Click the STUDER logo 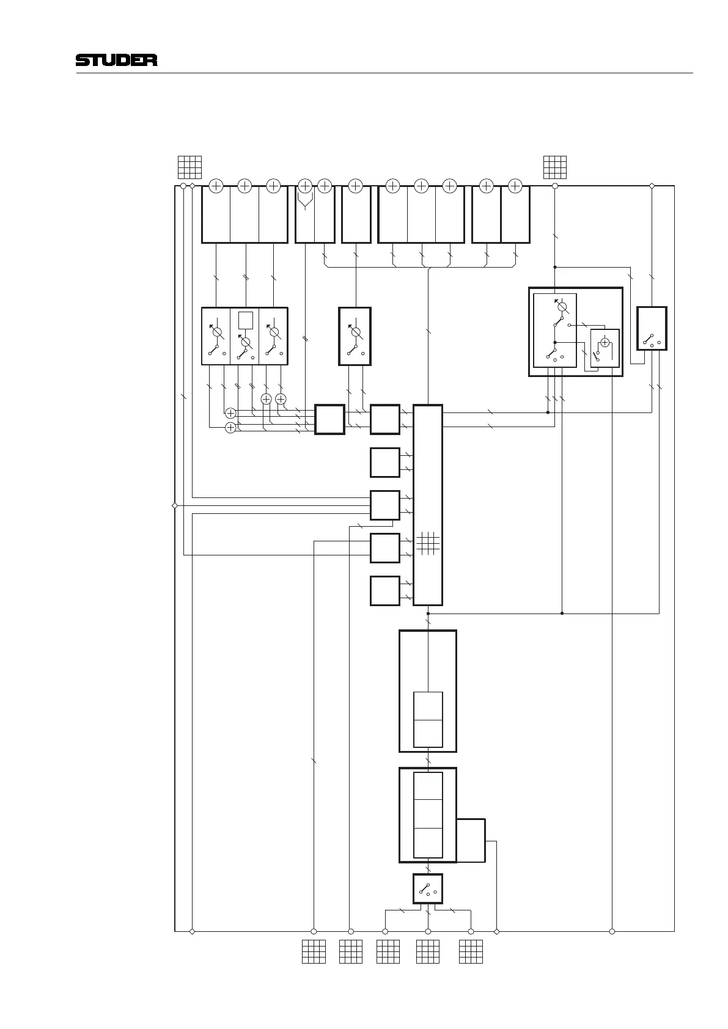[116, 60]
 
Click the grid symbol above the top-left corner [190, 167]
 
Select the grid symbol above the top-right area [555, 167]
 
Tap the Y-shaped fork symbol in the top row [305, 201]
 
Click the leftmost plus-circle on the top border [216, 186]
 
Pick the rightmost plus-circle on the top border [515, 186]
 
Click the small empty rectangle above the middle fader [246, 321]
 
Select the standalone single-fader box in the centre [355, 336]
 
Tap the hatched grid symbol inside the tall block [428, 543]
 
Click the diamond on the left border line [175, 505]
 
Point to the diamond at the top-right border [652, 186]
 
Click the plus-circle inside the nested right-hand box [605, 343]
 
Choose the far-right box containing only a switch [652, 329]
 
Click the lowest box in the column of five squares [385, 591]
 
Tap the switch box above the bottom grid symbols [428, 888]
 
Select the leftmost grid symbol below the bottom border [314, 951]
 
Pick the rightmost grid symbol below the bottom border [471, 951]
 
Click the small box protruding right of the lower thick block [471, 840]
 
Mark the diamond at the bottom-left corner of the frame [192, 932]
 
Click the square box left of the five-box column [329, 419]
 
